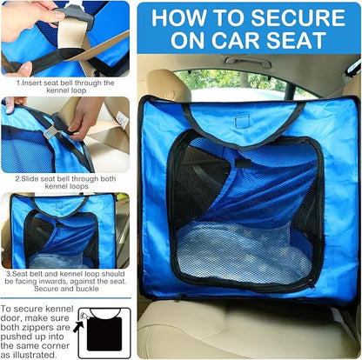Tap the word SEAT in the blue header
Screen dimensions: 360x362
tap(307, 40)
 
